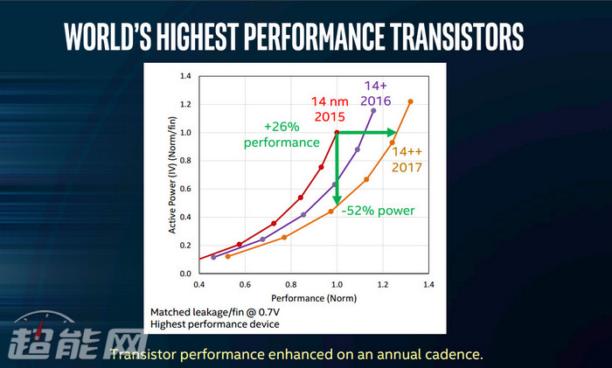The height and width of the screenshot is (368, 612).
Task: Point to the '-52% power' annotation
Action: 378,211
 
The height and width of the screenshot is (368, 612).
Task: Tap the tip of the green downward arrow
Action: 337,203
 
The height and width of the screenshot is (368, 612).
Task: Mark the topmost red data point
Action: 337,133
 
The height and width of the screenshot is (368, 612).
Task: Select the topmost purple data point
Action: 373,111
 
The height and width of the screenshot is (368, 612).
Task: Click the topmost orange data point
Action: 411,101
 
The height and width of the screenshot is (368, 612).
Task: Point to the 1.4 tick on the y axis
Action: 184,77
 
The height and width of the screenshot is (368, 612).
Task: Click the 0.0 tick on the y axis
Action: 184,274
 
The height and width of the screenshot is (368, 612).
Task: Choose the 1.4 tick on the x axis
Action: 428,285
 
